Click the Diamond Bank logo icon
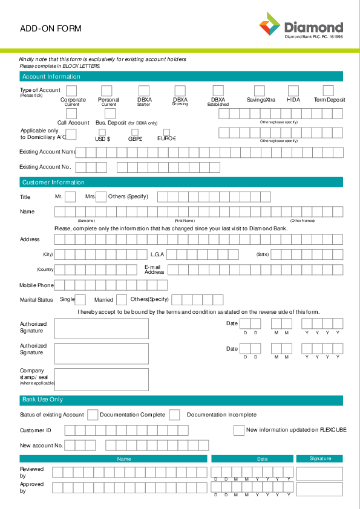[x=270, y=25]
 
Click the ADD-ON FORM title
[x=50, y=28]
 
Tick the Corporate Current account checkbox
[x=71, y=91]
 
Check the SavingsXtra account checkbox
[x=259, y=91]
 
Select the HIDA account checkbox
[x=293, y=91]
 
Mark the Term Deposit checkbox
[x=329, y=91]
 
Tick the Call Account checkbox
[x=71, y=113]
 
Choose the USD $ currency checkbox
[x=102, y=132]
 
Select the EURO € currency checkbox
[x=166, y=132]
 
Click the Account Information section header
[x=51, y=77]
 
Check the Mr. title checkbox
[x=70, y=196]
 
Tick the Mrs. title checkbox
[x=101, y=196]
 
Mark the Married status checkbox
[x=122, y=299]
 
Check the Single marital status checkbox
[x=80, y=299]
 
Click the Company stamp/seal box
[x=102, y=379]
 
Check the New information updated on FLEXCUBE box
[x=238, y=430]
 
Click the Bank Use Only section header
[x=42, y=400]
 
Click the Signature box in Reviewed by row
[x=319, y=473]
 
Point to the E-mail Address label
[x=154, y=269]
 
